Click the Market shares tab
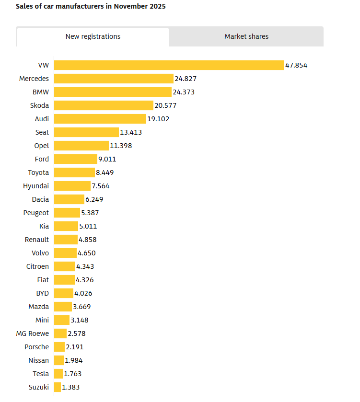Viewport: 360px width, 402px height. pyautogui.click(x=246, y=36)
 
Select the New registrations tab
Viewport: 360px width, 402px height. pyautogui.click(x=93, y=36)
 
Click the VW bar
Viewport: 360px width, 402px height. pyautogui.click(x=169, y=65)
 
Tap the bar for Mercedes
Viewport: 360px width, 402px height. pyautogui.click(x=114, y=79)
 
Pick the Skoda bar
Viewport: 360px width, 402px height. pyautogui.click(x=104, y=105)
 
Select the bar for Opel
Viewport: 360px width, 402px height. pyautogui.click(x=81, y=146)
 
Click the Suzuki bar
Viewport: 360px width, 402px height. pyautogui.click(x=58, y=387)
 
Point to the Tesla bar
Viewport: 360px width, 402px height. pyautogui.click(x=58, y=374)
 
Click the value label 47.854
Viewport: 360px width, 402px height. pyautogui.click(x=296, y=65)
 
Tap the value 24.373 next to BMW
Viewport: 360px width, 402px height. pyautogui.click(x=184, y=92)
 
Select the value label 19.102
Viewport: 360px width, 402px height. pyautogui.click(x=158, y=119)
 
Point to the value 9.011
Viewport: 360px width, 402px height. pyautogui.click(x=107, y=159)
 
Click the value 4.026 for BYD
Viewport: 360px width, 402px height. pyautogui.click(x=83, y=293)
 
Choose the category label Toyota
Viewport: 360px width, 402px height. pyautogui.click(x=38, y=172)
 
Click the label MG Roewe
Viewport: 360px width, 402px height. pyautogui.click(x=33, y=333)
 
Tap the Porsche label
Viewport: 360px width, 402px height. pyautogui.click(x=36, y=347)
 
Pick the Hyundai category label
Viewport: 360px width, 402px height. pyautogui.click(x=36, y=186)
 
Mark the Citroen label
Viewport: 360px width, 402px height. pyautogui.click(x=37, y=266)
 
